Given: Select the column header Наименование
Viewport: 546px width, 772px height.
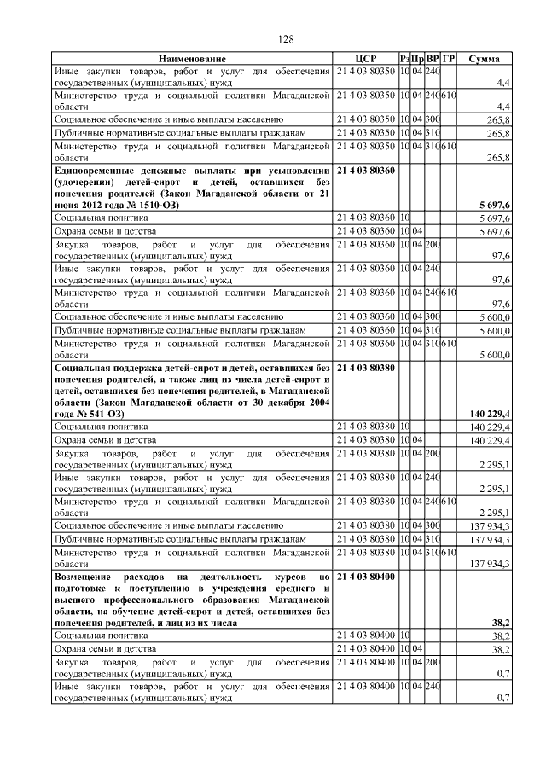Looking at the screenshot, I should (192, 58).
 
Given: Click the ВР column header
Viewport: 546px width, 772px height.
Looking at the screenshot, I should (433, 58).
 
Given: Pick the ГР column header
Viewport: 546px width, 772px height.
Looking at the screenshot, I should (449, 58).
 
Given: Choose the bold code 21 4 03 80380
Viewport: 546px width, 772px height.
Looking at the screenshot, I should (366, 368).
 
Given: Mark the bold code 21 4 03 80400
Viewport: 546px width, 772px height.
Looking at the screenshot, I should (366, 578).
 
